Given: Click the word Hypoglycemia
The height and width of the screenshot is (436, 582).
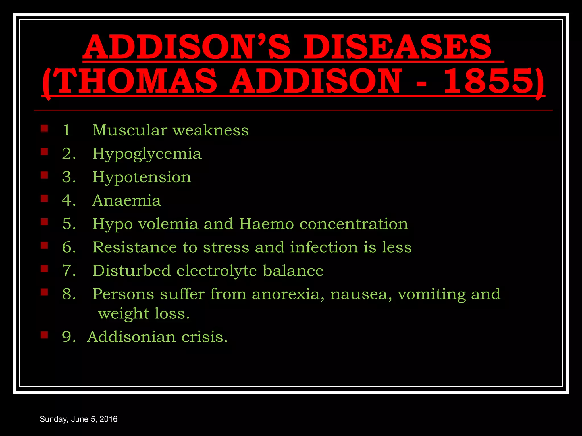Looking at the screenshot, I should [147, 154].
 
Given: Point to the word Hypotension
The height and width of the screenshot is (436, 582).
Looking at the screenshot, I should [142, 177].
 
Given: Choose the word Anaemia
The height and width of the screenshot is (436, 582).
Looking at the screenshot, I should [127, 200].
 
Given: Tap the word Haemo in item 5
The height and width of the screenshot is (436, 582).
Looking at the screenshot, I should [266, 224].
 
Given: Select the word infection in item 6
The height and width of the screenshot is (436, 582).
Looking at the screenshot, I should [324, 247].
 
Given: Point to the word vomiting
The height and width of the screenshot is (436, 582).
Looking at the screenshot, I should [431, 294].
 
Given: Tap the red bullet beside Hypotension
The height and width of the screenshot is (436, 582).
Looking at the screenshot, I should [44, 175].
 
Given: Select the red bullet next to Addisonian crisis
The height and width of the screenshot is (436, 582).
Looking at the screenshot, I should [44, 335].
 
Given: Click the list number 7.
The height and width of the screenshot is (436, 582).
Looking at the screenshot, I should [68, 270].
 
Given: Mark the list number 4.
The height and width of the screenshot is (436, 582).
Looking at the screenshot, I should [68, 200].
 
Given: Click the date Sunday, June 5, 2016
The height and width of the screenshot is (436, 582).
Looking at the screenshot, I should [78, 419].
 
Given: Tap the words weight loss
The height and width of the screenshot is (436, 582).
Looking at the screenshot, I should [144, 314].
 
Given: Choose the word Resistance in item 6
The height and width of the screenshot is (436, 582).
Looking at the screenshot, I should [134, 247].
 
